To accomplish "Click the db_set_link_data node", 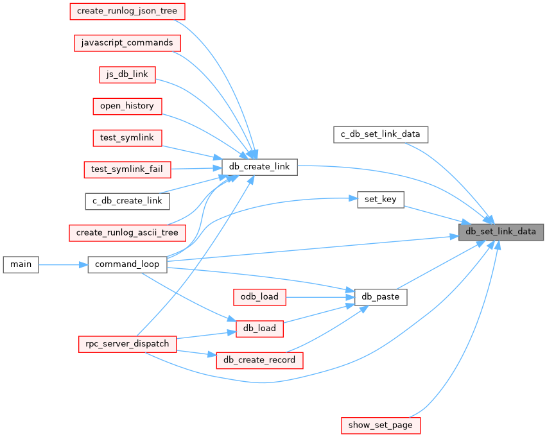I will [501, 232].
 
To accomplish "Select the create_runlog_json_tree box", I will [126, 11].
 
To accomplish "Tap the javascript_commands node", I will [126, 42].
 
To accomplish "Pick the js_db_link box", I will [126, 74].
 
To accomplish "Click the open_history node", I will [126, 105].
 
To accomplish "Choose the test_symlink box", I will [126, 137].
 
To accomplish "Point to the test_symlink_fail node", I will [126, 169].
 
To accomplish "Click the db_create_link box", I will [259, 167].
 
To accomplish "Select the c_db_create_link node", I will [126, 201].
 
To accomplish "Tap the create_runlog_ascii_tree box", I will [126, 232].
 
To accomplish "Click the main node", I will [21, 264].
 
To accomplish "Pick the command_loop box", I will [126, 264].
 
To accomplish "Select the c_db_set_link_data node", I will [381, 134].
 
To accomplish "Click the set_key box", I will [380, 199].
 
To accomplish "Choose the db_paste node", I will [380, 296].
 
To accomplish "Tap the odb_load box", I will [259, 296].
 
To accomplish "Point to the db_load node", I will [259, 328].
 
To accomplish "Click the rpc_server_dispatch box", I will [126, 343].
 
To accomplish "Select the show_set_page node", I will [380, 425].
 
